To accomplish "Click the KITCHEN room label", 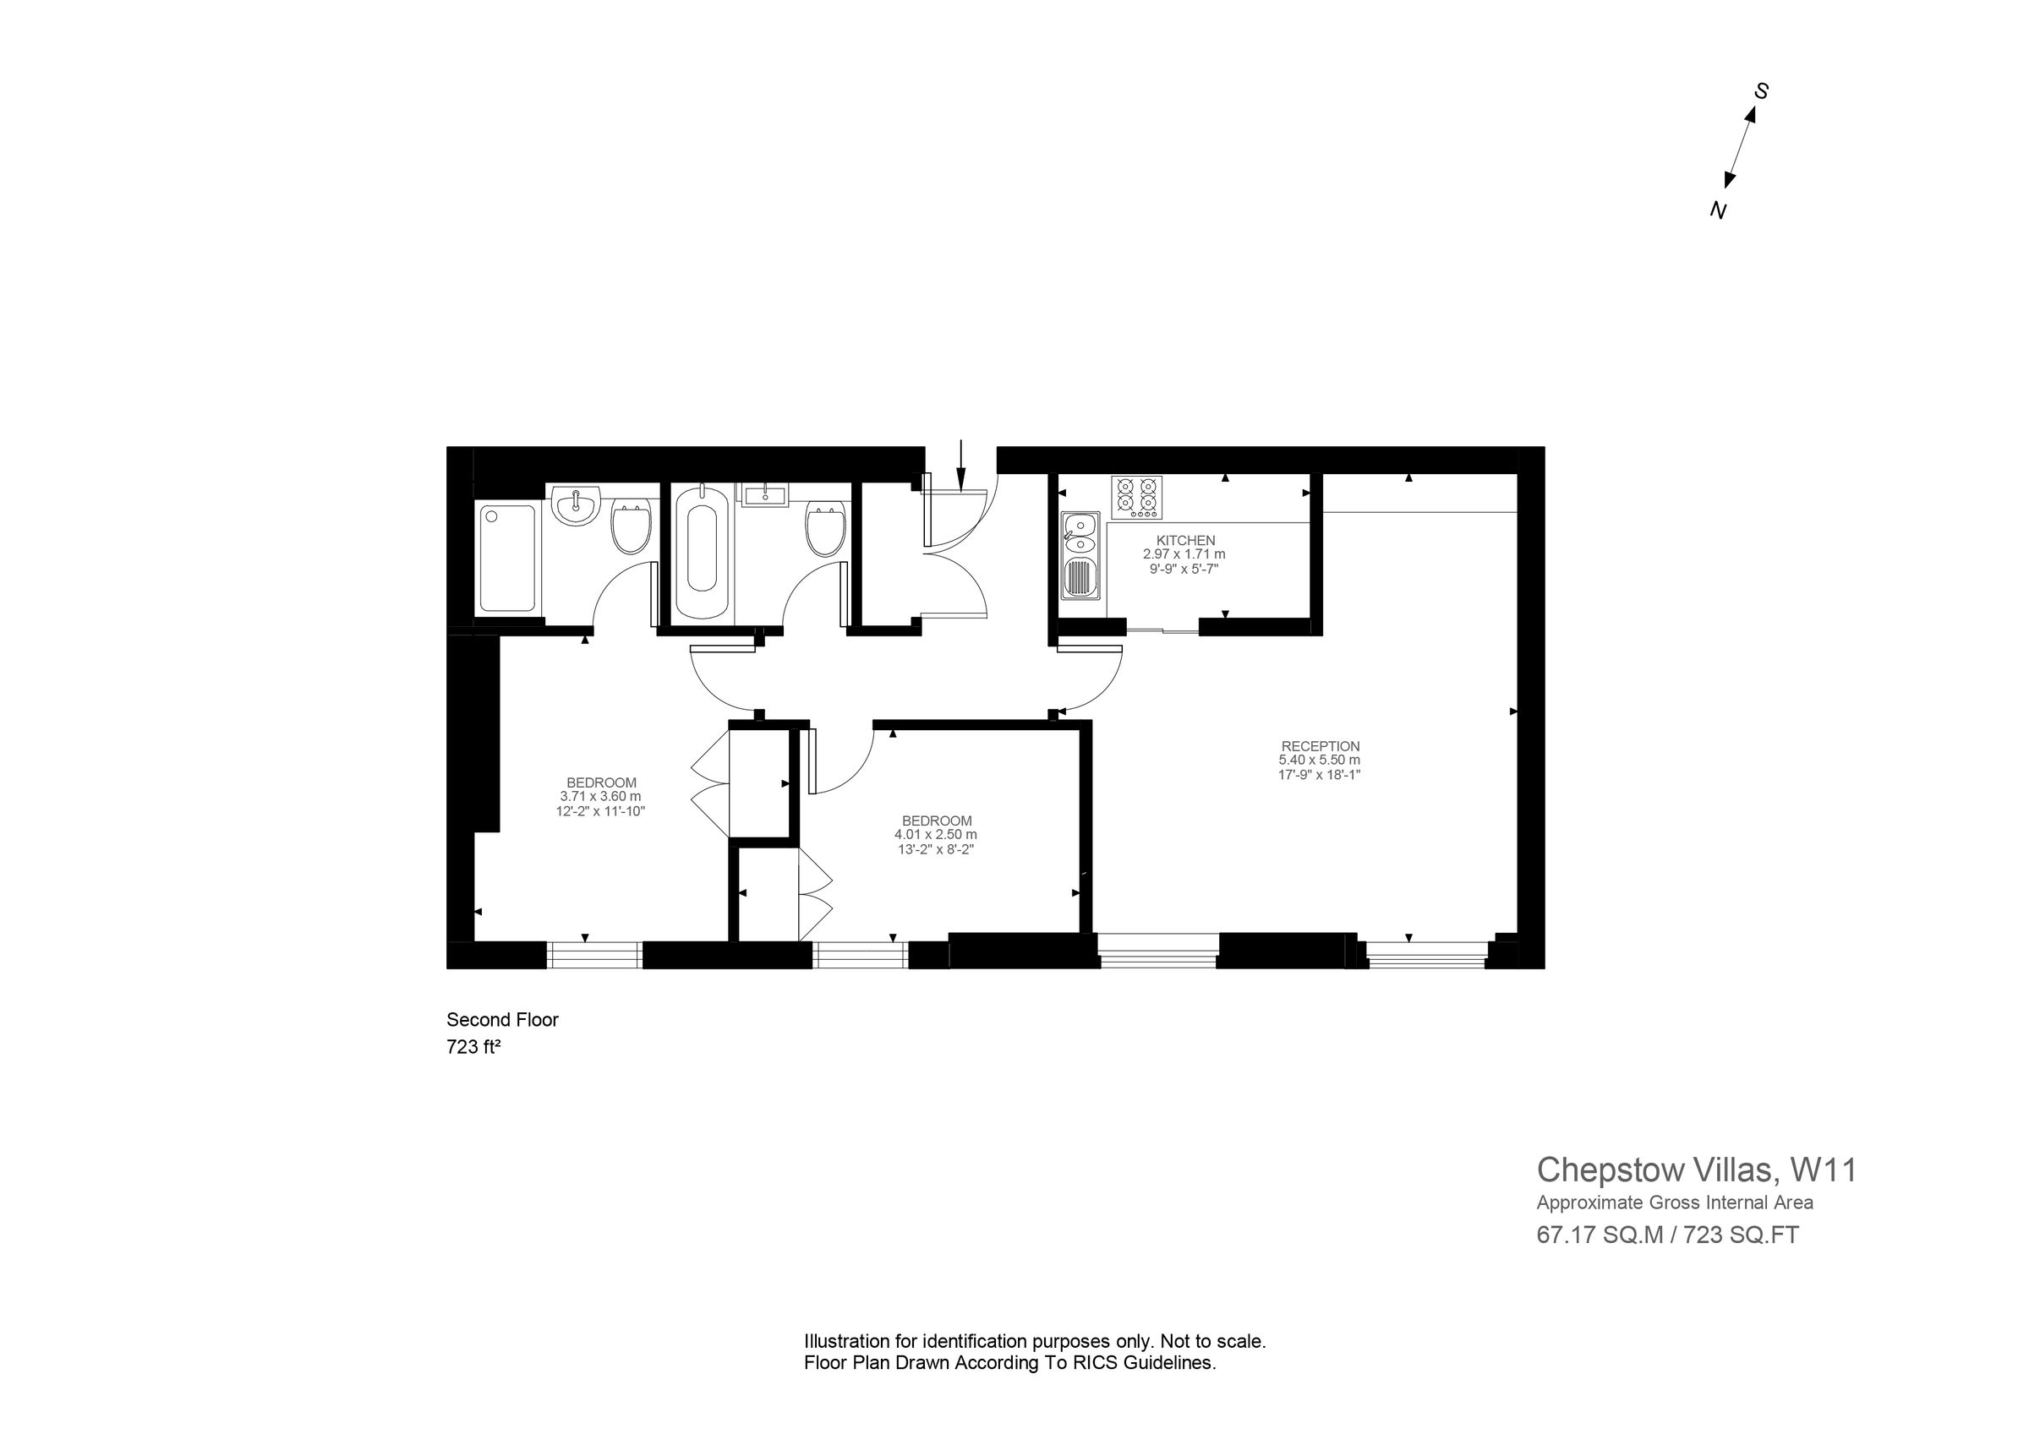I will [1185, 540].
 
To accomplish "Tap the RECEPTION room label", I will [1321, 745].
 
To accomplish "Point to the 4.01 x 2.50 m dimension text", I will [936, 834].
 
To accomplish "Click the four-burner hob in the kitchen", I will [1136, 498].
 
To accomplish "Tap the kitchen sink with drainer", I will [1080, 557].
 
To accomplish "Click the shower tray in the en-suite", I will [507, 558].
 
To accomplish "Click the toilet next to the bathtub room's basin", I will [826, 528].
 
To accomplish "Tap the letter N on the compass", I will [1718, 210].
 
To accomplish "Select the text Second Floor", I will [502, 1020].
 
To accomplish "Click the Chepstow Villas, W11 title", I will [1696, 1170].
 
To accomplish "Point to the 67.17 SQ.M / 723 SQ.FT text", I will [1666, 1235].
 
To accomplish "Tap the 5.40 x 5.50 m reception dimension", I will [1319, 760].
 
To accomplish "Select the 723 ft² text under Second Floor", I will [473, 1047].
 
